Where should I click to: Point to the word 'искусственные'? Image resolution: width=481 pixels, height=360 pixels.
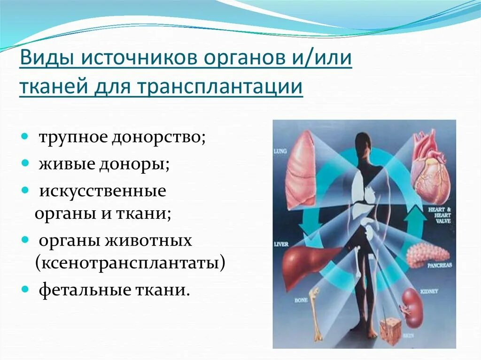102,191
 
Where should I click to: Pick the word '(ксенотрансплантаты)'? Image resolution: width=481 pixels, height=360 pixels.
130,262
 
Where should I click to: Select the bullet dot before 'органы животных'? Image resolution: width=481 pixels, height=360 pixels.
24,241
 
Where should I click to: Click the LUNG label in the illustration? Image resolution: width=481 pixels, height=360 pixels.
280,152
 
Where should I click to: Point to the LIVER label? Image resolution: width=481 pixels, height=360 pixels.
281,245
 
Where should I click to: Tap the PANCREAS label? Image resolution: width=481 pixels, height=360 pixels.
439,265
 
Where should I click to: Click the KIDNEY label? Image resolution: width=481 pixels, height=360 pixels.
429,291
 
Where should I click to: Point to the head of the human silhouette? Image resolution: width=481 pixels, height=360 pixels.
363,143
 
